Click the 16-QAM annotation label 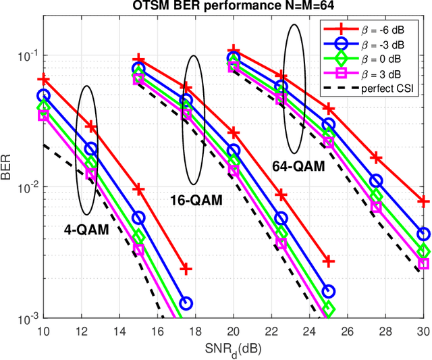pyautogui.click(x=195, y=200)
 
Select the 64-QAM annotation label pyautogui.click(x=298, y=165)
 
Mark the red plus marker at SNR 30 pyautogui.click(x=423, y=201)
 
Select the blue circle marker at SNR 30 pyautogui.click(x=423, y=234)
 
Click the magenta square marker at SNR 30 pyautogui.click(x=423, y=263)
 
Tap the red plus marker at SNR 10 pyautogui.click(x=43, y=79)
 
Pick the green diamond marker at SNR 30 pyautogui.click(x=423, y=251)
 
